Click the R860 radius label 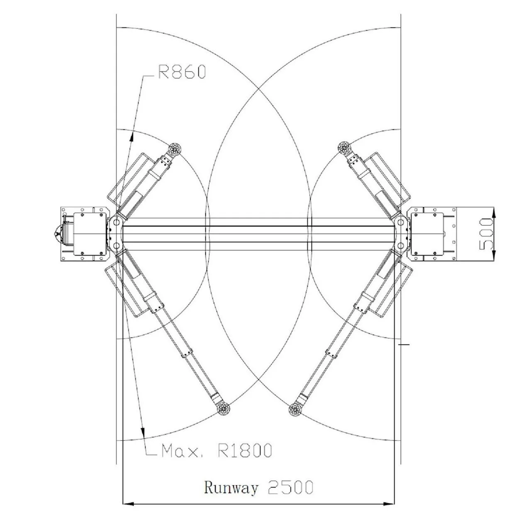coord(182,72)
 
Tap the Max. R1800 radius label coord(217,451)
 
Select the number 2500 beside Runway coord(290,487)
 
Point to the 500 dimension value coord(485,234)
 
